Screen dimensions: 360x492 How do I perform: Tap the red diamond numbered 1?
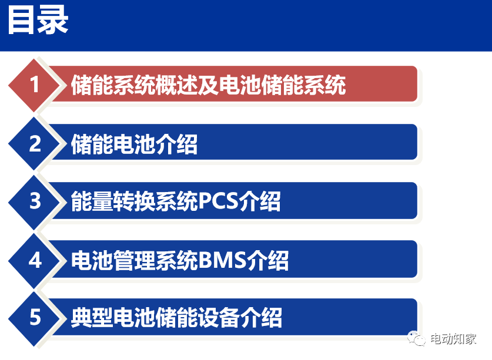(35, 85)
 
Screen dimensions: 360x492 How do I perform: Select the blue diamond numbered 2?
(35, 143)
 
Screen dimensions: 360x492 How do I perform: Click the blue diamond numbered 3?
(35, 201)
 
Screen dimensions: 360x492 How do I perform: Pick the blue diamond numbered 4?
(35, 260)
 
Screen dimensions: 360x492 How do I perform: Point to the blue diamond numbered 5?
(35, 318)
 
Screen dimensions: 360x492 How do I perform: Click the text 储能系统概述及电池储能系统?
(208, 86)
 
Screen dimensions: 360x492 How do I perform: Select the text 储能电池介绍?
(134, 144)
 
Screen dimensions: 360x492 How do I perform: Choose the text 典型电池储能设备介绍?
(176, 318)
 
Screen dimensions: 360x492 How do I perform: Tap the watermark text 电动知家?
(453, 339)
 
